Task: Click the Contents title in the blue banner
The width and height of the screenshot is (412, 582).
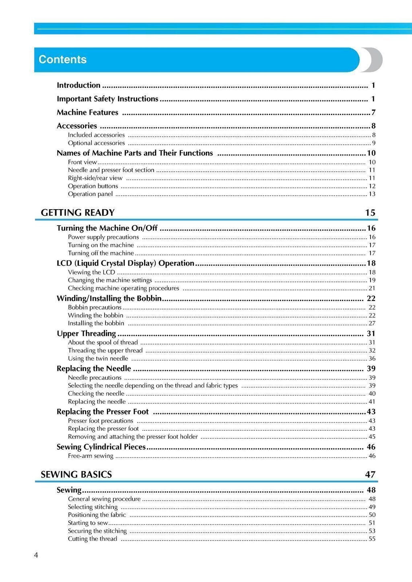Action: (x=62, y=60)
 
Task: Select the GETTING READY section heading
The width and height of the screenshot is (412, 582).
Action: (x=78, y=213)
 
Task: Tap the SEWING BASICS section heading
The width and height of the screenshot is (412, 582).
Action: (x=76, y=475)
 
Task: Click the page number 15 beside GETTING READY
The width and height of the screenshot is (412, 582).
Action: (x=370, y=213)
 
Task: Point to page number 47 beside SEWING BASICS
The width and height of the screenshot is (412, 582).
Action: (x=370, y=475)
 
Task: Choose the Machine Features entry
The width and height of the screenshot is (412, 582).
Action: (x=87, y=113)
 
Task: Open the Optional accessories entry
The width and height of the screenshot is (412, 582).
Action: (x=96, y=143)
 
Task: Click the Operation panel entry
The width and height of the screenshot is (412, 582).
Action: (x=90, y=194)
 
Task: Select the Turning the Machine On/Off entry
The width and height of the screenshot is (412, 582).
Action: (x=107, y=228)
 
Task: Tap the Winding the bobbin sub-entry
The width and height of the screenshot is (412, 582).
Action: (x=95, y=315)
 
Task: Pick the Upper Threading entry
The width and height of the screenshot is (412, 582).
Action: (x=86, y=333)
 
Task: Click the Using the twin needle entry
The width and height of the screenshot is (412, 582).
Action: (x=98, y=359)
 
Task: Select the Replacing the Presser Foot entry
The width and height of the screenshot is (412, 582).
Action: (x=103, y=412)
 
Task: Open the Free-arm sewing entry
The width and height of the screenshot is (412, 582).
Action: (x=91, y=456)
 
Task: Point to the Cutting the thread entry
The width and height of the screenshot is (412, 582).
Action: (x=92, y=539)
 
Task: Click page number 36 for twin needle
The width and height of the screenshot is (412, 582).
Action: (x=372, y=359)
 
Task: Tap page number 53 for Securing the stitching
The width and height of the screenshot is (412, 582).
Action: (x=372, y=531)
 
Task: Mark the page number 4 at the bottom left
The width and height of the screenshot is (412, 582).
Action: (x=36, y=555)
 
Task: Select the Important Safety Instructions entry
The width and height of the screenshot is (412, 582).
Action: (x=107, y=99)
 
